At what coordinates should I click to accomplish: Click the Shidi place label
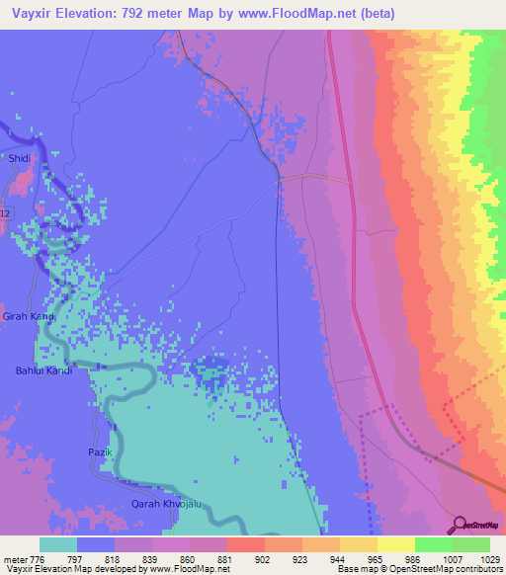click(19, 158)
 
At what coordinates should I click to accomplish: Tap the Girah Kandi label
click(29, 316)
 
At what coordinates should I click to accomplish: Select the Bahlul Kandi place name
click(43, 370)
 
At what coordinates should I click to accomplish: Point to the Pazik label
click(102, 452)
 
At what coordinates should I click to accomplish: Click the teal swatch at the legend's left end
click(58, 544)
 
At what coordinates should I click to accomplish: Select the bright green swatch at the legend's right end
click(471, 544)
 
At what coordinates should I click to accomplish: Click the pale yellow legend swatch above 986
click(396, 544)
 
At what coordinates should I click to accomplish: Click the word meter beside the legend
click(11, 558)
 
